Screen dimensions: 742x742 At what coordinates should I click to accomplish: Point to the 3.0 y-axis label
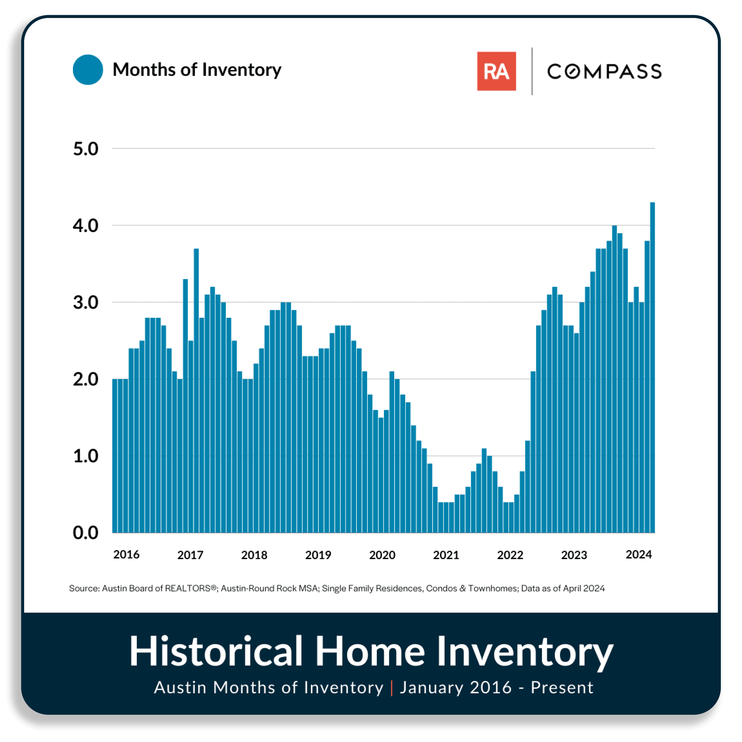(x=86, y=303)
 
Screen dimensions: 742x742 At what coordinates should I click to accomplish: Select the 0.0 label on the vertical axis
(x=86, y=533)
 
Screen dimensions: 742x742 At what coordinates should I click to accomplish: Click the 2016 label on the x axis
(x=126, y=555)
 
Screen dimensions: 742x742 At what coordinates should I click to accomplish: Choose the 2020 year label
(x=382, y=555)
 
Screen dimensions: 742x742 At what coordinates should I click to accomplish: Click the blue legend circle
(x=88, y=70)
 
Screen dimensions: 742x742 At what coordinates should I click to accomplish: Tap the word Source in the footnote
(x=84, y=588)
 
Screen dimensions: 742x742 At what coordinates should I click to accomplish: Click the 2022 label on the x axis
(x=510, y=555)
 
